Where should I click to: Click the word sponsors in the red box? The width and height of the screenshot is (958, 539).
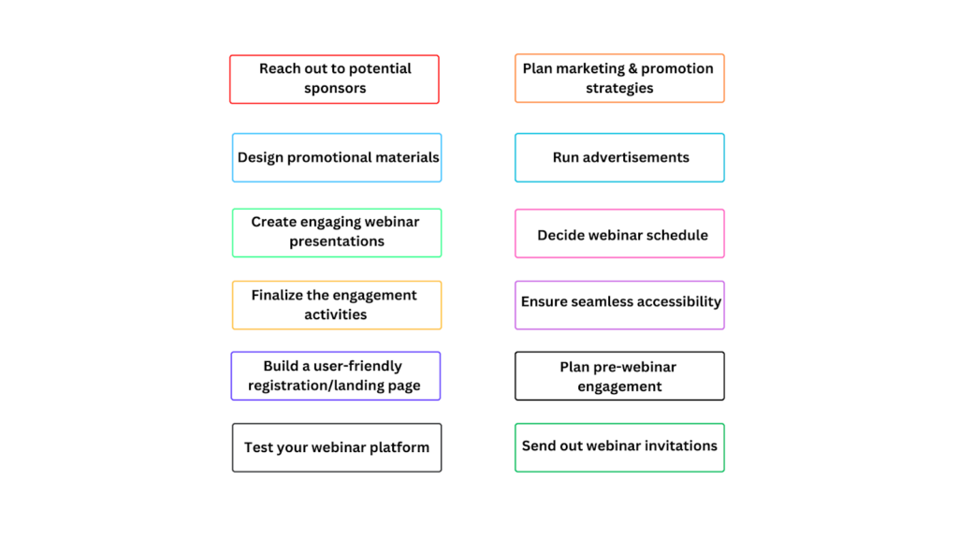335,89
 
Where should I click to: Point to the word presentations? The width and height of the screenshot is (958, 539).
337,241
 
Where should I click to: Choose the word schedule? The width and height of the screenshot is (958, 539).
676,235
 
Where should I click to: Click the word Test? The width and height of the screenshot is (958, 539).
258,447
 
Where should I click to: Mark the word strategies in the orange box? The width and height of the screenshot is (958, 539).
619,89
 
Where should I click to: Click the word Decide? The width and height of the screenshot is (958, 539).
561,235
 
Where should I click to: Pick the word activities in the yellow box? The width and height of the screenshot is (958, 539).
336,314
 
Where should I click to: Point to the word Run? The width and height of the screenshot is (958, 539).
565,157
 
